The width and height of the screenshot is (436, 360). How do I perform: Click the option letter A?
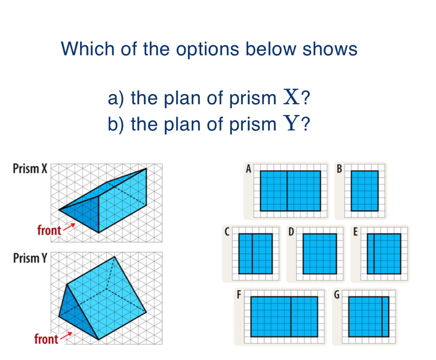coord(249,168)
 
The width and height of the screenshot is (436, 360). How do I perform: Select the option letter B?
coord(339,168)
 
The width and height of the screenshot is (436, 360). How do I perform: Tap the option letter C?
coord(227,231)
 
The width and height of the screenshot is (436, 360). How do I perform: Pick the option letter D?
coord(291,231)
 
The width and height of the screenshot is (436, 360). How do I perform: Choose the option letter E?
coord(356,231)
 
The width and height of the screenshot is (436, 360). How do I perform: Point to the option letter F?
coord(239,294)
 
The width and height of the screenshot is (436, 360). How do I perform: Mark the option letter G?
coord(337,294)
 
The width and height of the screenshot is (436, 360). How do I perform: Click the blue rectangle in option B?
coord(365,191)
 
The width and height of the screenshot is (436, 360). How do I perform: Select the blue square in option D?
coord(320,254)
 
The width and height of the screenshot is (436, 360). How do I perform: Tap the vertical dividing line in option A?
coord(287,191)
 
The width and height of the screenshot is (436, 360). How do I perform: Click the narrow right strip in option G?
coord(385,317)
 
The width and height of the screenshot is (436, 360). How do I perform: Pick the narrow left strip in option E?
coord(370,254)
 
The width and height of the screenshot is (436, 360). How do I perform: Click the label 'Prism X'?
coord(30,168)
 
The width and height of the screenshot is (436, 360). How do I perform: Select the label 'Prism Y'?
coord(30,258)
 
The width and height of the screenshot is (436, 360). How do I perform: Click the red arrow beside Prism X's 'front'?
coord(69,227)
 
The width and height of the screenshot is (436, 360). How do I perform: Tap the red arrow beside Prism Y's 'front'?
coord(66,335)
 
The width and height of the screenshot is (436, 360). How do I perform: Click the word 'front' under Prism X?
coord(49,231)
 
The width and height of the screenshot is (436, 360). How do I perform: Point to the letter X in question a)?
coord(291,97)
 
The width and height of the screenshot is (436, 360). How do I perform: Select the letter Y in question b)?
coord(291,123)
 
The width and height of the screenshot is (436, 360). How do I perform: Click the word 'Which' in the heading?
coord(88,49)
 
